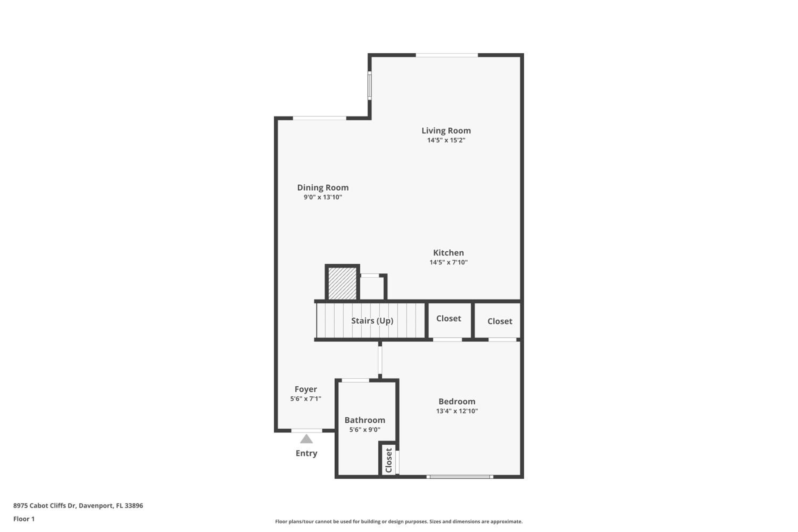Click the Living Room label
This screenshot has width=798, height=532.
446,131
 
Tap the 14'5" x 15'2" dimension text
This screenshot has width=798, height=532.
446,140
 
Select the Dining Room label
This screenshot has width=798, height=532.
323,188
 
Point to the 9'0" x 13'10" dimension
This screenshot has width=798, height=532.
323,197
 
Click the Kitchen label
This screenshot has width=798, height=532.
448,253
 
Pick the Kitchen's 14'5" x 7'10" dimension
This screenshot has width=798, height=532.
448,262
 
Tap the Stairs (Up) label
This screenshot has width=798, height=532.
372,321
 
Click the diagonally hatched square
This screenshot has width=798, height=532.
342,283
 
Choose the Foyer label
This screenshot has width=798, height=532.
306,389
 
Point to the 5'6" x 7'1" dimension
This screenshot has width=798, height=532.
306,399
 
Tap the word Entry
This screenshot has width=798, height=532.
306,453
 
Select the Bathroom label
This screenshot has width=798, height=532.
365,420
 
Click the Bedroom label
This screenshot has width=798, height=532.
457,401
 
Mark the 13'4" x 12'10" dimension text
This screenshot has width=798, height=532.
457,411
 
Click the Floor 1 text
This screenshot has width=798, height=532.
24,519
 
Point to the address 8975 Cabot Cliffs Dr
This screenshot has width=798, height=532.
44,506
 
